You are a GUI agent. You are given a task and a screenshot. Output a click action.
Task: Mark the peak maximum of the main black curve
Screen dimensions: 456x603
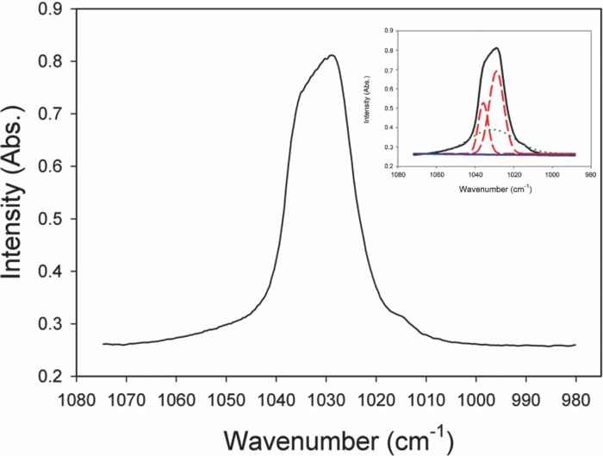pos(331,56)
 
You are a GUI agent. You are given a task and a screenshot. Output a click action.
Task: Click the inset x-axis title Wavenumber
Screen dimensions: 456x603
pos(494,189)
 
